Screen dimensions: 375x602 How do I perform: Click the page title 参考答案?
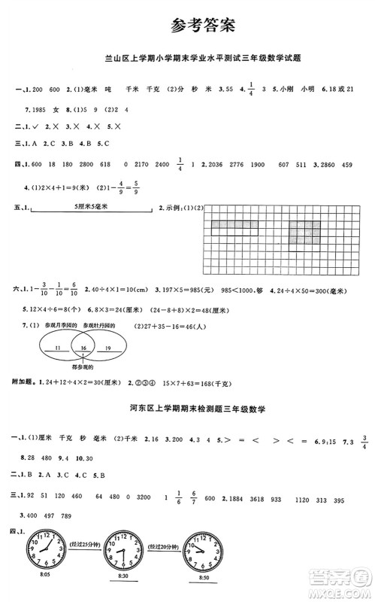(x=203, y=24)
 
